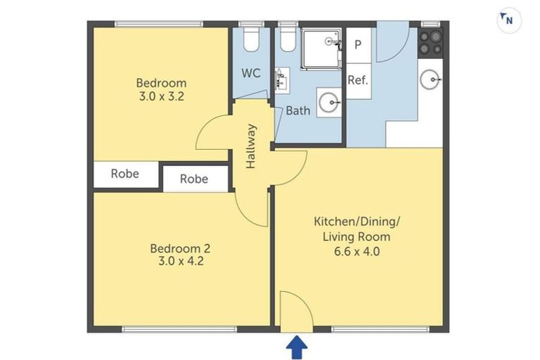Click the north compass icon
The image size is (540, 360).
point(508,20)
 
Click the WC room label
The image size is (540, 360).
point(251,73)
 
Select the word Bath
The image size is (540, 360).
point(297,110)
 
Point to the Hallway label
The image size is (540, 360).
point(251,146)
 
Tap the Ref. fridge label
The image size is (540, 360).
point(358,80)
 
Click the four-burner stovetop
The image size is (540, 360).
point(430,42)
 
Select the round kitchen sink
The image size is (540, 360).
point(430,79)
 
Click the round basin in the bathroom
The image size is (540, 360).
point(327,103)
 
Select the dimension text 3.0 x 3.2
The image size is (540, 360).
point(161,97)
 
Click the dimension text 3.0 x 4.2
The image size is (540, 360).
point(180,261)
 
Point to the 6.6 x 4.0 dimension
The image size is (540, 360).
point(356,250)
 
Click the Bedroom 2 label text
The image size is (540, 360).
point(180,248)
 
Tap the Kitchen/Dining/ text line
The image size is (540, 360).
point(356,222)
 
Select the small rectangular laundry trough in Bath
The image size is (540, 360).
point(282,80)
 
